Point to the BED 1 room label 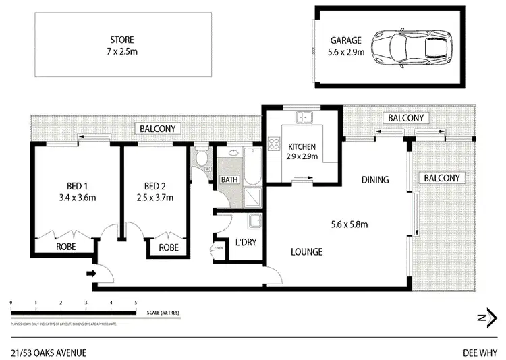click(76, 192)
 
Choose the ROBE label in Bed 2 click(169, 247)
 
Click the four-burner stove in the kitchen click(275, 143)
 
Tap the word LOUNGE click(307, 252)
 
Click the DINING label click(375, 179)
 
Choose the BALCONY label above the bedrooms click(157, 129)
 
